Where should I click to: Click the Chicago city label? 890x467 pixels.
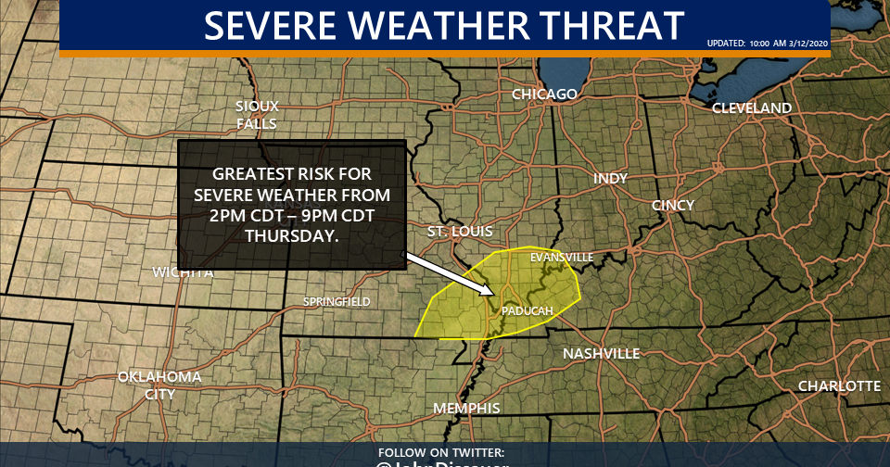[x=545, y=95]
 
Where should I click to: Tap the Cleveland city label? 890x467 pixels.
[x=752, y=108]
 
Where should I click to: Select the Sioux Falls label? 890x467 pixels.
[x=257, y=115]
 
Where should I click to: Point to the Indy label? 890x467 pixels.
[x=610, y=178]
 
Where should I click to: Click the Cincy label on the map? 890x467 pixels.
[x=673, y=205]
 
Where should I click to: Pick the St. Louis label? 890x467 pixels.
[x=460, y=231]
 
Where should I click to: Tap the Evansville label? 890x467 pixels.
[x=560, y=257]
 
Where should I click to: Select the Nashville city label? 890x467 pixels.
[x=602, y=354]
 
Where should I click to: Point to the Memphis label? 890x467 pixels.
[x=466, y=409]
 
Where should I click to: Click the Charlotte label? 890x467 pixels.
[x=839, y=385]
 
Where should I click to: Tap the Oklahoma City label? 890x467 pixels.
[x=159, y=385]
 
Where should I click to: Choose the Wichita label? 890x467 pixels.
[x=184, y=272]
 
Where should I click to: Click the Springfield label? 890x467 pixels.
[x=337, y=302]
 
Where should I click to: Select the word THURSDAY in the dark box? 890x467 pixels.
[x=291, y=236]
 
